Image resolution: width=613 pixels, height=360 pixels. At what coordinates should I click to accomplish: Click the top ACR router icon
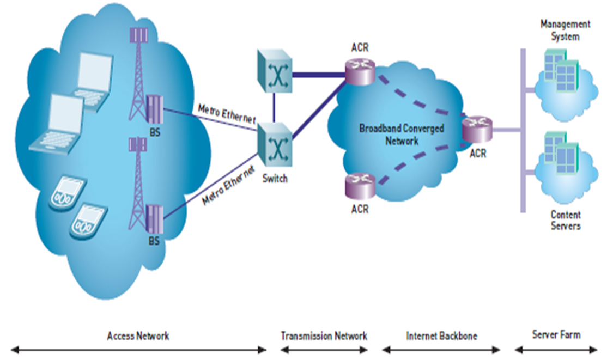[x=360, y=71]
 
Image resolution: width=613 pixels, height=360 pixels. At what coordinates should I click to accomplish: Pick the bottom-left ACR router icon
[x=360, y=186]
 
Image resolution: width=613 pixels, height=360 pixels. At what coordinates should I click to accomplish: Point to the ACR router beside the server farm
[x=477, y=129]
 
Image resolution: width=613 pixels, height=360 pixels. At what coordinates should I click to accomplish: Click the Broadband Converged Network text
[x=401, y=135]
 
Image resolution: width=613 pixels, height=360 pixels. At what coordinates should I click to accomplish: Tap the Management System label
[x=565, y=30]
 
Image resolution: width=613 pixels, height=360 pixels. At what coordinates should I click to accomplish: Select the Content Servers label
[x=565, y=220]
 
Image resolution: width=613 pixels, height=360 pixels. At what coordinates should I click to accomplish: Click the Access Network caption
[x=138, y=335]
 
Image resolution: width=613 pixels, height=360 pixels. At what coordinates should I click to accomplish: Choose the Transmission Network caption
[x=324, y=335]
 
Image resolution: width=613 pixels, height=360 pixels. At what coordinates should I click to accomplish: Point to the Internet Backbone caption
[x=441, y=335]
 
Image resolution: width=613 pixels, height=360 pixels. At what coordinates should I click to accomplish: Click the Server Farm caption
[x=556, y=334]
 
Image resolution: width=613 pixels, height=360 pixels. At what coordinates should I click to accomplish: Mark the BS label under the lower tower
[x=154, y=240]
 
